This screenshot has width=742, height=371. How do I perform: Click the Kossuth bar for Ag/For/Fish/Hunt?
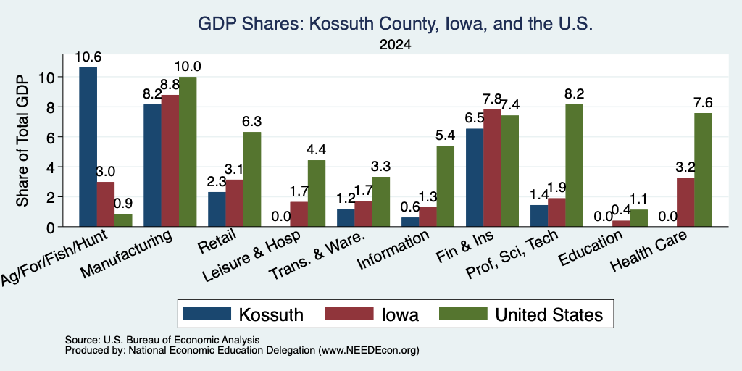88,146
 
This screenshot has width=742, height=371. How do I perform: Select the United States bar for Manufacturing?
188,151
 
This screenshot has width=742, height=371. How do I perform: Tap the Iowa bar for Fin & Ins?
493,168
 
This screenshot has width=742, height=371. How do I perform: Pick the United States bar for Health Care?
703,170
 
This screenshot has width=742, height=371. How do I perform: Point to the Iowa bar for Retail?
234,203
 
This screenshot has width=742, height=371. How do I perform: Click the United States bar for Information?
446,186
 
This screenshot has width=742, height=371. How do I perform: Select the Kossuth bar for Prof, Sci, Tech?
539,216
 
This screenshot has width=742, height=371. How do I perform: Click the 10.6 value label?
88,57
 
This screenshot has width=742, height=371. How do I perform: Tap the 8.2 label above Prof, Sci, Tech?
574,94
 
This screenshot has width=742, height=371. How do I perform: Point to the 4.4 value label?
316,150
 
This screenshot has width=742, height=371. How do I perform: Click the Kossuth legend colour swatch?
207,314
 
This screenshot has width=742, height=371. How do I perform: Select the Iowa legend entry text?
400,314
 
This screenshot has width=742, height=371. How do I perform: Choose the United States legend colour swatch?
463,314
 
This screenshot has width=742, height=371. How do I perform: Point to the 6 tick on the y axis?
51,137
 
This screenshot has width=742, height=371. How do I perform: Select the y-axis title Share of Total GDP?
22,141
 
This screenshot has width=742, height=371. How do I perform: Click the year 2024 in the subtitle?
395,45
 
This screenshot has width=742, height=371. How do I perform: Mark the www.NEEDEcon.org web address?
369,351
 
